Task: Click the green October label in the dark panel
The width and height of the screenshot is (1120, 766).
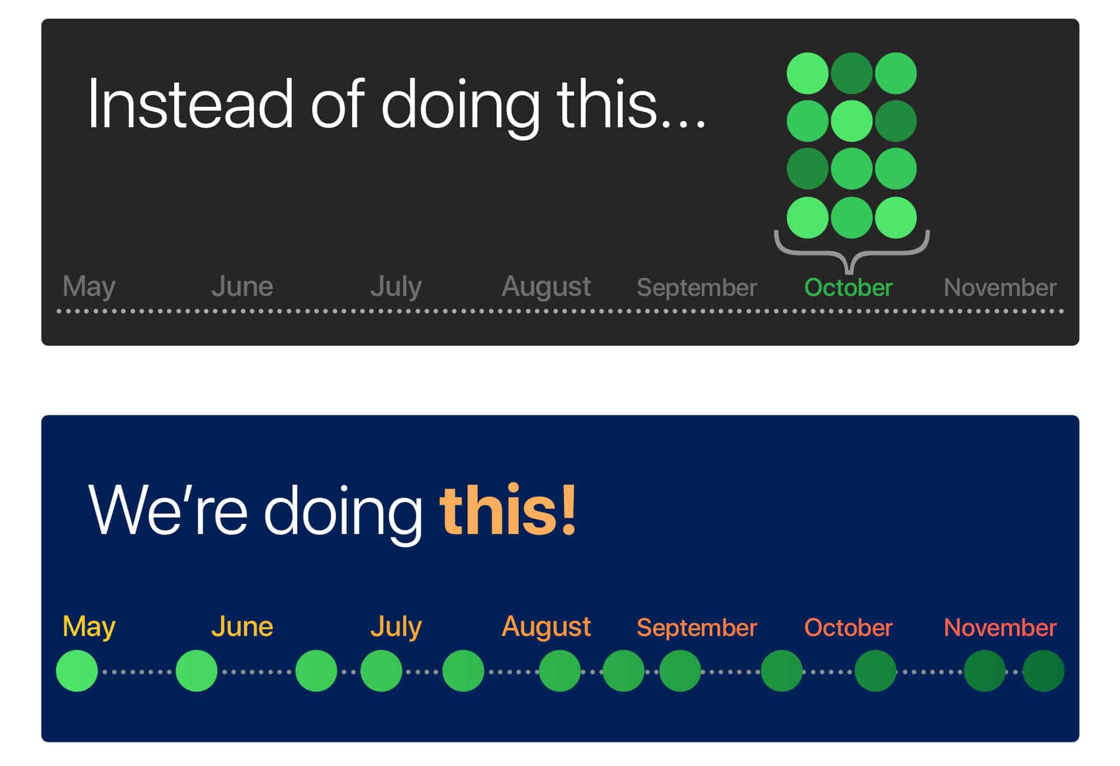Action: tap(848, 287)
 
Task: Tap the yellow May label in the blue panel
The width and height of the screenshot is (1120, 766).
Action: tap(89, 628)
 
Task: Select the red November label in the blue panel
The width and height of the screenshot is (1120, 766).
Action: tap(1000, 628)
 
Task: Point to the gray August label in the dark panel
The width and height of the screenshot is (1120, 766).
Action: tap(546, 287)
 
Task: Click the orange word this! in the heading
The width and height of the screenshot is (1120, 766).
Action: tap(508, 510)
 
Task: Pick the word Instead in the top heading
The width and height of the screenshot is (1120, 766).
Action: tap(190, 104)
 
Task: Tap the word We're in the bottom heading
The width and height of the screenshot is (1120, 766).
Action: tap(167, 510)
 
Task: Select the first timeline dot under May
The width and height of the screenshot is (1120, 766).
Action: tap(77, 671)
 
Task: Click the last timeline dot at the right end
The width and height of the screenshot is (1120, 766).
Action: tap(1043, 671)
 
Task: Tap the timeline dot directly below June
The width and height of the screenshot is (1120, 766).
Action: tap(197, 671)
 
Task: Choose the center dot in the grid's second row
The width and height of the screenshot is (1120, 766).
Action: tap(851, 121)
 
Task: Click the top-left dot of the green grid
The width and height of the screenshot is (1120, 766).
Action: tap(808, 73)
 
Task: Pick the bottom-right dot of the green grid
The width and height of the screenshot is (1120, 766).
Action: tap(895, 217)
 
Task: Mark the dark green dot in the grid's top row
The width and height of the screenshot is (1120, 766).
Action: tap(851, 73)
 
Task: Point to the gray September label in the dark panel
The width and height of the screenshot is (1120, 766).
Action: tap(697, 288)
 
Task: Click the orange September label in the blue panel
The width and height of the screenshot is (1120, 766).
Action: tap(697, 628)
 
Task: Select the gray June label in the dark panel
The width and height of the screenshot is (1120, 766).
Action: tap(242, 286)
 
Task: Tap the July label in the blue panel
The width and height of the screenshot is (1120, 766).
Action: tap(395, 628)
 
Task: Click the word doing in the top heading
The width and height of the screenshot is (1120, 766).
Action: tap(460, 106)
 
